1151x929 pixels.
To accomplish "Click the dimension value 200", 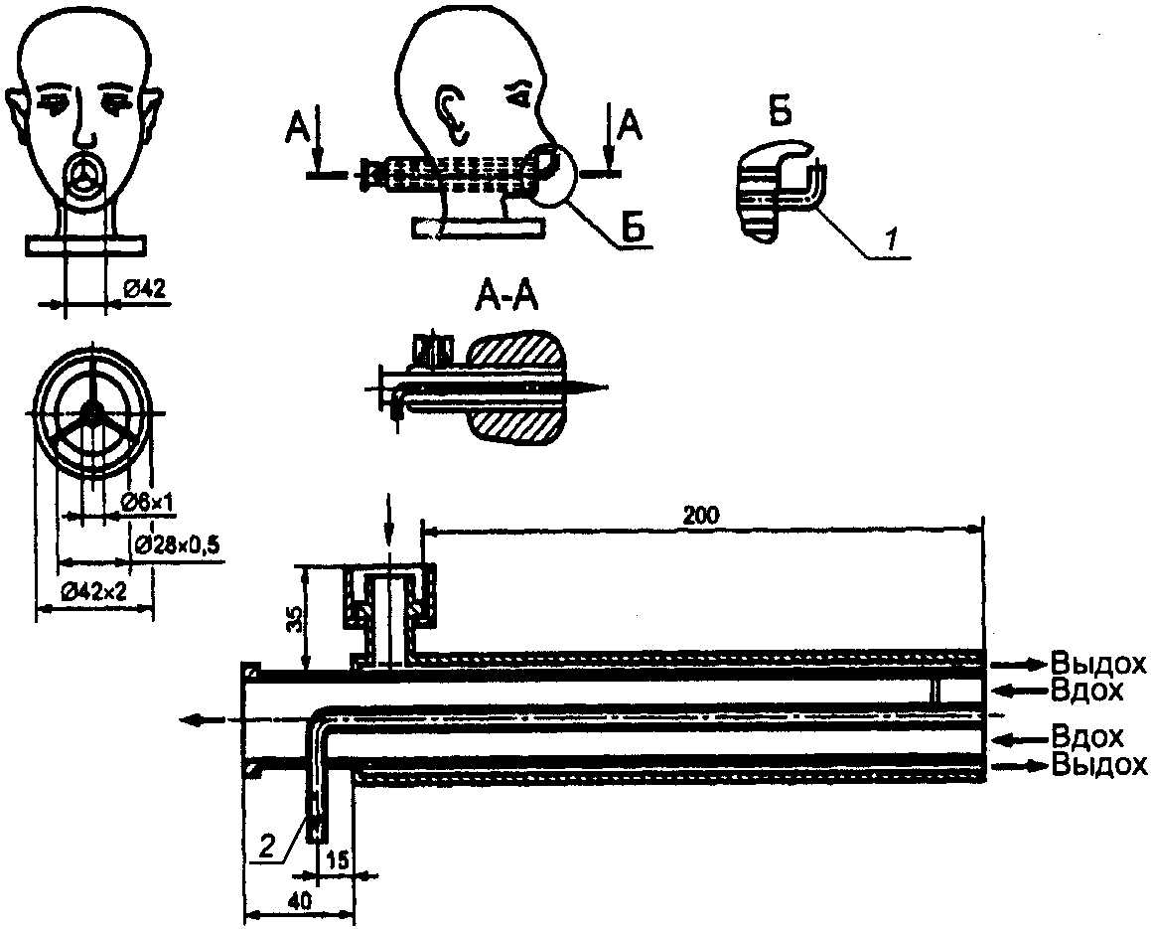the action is point(701,516).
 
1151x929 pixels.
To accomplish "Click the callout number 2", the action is point(268,848).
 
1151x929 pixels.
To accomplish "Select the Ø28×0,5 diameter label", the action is point(179,544).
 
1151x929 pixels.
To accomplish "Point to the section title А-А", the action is point(506,298).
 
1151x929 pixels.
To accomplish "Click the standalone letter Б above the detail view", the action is point(781,114).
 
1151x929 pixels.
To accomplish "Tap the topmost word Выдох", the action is point(1098,663).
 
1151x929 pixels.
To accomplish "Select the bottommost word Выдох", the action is point(1098,764).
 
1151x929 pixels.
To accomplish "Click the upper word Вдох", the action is point(1087,690).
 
